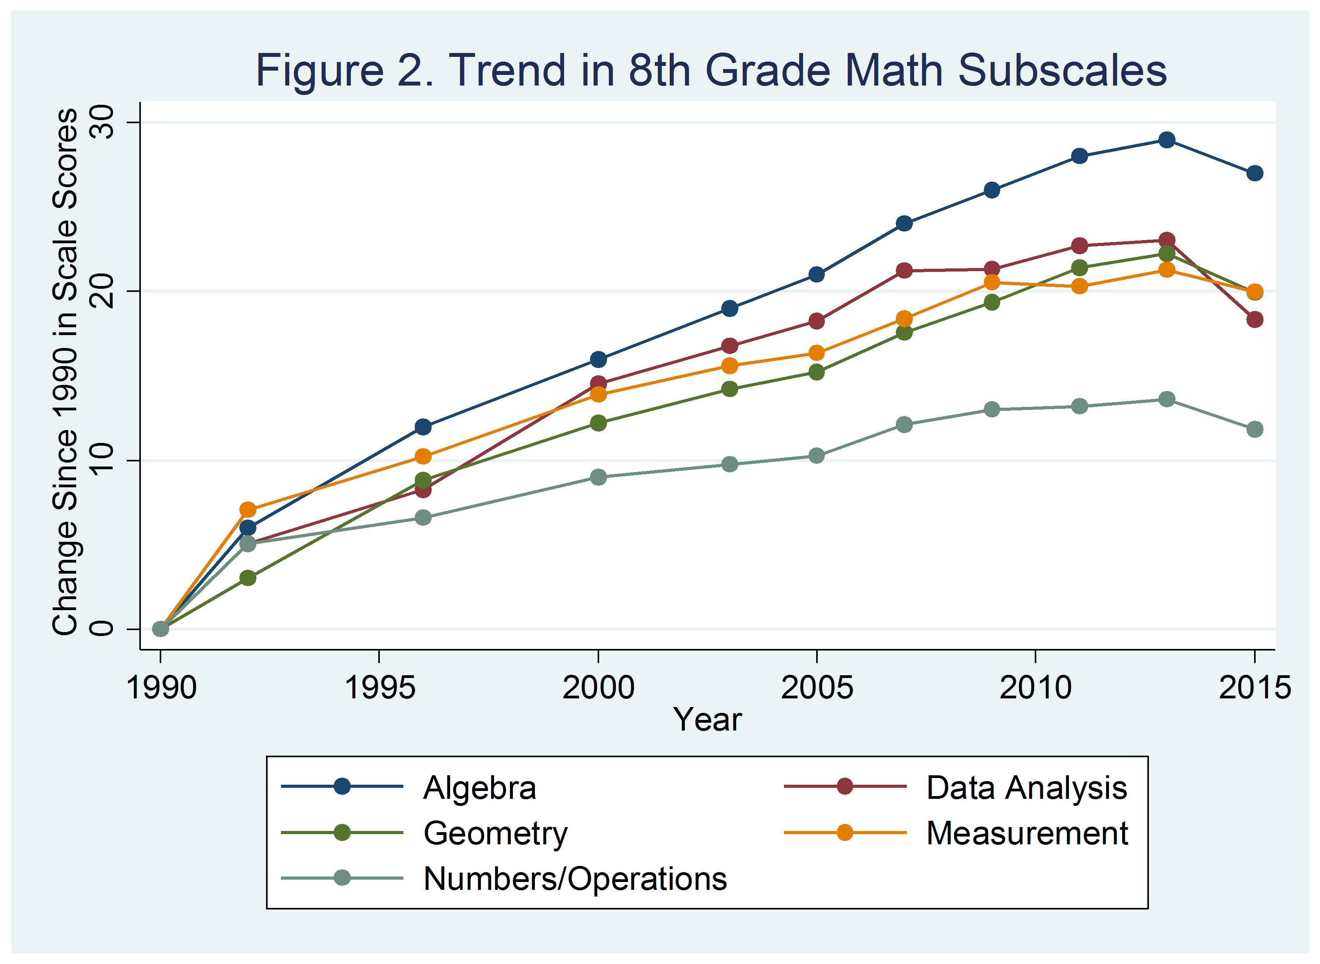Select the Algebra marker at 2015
pyautogui.click(x=1254, y=173)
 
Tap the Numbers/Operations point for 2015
pyautogui.click(x=1254, y=430)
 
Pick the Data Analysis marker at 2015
pyautogui.click(x=1254, y=319)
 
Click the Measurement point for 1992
pyautogui.click(x=248, y=509)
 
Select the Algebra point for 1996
pyautogui.click(x=423, y=426)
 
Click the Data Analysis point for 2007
pyautogui.click(x=904, y=270)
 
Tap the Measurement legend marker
pyautogui.click(x=844, y=833)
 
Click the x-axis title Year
pyautogui.click(x=707, y=720)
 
